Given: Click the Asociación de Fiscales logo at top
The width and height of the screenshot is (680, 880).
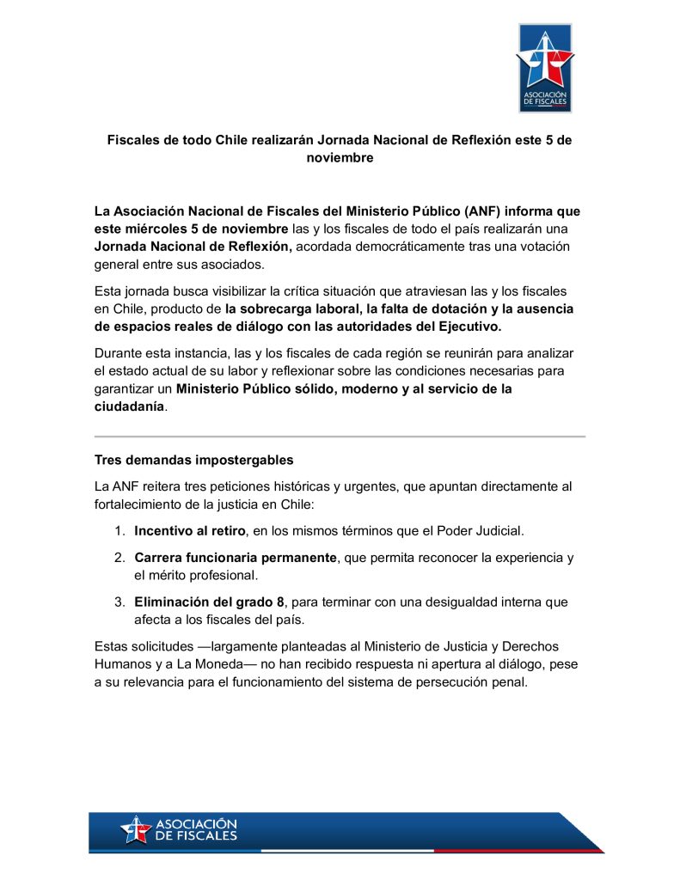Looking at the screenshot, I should [x=544, y=68].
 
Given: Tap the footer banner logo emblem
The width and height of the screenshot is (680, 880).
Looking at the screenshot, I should [x=136, y=829].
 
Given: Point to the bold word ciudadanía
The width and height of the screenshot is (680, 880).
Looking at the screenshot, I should [x=129, y=407].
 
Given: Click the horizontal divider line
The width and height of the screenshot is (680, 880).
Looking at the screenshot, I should [x=340, y=437].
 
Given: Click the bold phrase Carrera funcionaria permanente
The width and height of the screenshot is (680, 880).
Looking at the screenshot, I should [x=236, y=558].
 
